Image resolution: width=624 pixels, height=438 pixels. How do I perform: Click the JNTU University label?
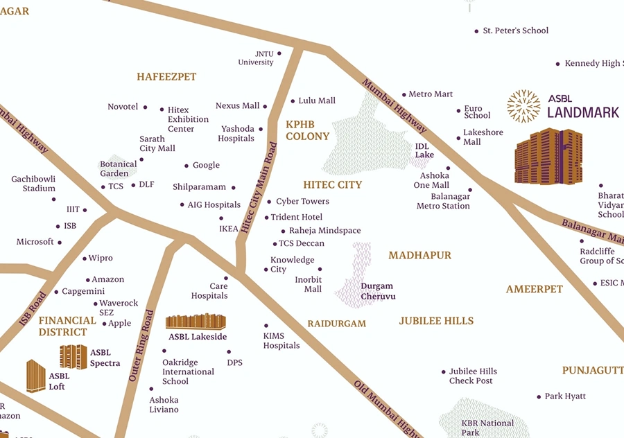(256, 58)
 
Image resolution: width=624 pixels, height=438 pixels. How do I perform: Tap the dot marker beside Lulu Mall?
(292, 101)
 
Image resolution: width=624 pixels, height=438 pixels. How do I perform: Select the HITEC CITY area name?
(333, 185)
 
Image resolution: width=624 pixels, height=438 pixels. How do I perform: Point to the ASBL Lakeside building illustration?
(196, 322)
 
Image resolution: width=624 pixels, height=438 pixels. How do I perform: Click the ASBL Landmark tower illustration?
(548, 157)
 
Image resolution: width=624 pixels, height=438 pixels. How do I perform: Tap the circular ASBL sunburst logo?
(523, 106)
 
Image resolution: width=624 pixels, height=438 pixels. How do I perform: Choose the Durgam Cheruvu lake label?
(377, 291)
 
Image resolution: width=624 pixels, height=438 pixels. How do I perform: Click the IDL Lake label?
(424, 150)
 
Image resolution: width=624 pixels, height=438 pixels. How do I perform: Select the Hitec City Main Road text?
(257, 188)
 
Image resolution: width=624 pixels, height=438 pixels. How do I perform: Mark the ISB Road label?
(33, 309)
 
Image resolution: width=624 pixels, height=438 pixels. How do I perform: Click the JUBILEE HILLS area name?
(436, 321)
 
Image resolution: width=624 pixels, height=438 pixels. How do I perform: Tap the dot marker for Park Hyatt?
(539, 397)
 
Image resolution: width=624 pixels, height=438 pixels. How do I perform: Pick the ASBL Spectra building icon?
(73, 357)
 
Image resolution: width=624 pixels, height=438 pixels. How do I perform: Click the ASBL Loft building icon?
(36, 376)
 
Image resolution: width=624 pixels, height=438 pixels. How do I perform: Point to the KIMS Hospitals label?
(281, 341)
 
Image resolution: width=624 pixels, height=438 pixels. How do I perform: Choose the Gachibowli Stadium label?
(33, 184)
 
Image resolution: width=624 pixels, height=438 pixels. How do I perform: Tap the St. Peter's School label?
(515, 30)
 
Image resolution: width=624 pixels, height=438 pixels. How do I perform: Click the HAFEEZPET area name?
(166, 77)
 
